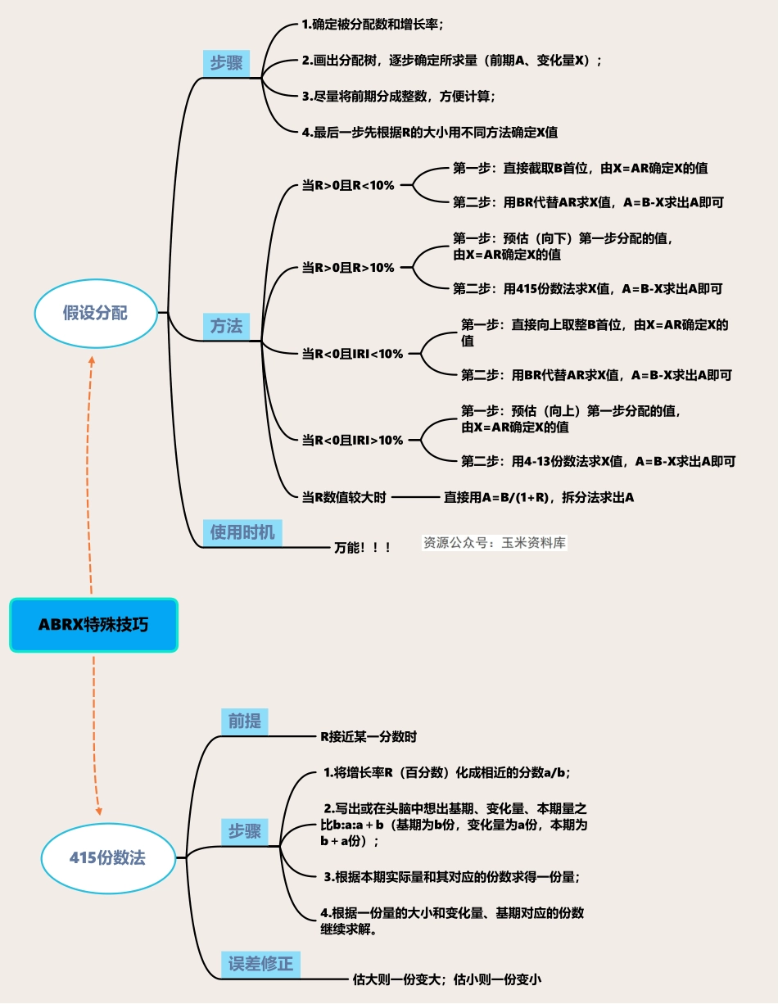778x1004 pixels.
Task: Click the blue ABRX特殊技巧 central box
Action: tap(93, 625)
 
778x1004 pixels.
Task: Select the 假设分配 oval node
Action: tap(96, 313)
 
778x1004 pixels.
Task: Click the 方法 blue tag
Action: tap(227, 326)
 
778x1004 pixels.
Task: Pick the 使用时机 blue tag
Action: tap(242, 532)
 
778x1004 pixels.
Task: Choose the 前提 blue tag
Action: tap(244, 721)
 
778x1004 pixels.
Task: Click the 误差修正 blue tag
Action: tap(260, 964)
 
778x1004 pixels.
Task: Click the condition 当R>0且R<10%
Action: tap(348, 186)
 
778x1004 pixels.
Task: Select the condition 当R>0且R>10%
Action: tap(348, 268)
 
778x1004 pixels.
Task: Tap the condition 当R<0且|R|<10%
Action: tap(352, 354)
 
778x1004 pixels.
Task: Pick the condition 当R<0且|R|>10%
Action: tap(352, 440)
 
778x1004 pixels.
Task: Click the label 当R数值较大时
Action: tap(343, 497)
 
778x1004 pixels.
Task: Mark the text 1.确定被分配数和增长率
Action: tap(372, 25)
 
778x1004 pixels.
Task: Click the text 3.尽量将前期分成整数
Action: tap(398, 96)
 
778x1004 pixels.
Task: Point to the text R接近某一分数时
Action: tap(368, 736)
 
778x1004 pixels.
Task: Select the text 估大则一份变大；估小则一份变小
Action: tap(448, 978)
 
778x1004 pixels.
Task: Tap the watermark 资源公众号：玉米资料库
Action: tap(495, 542)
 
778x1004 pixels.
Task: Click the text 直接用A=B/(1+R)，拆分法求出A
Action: tap(539, 497)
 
